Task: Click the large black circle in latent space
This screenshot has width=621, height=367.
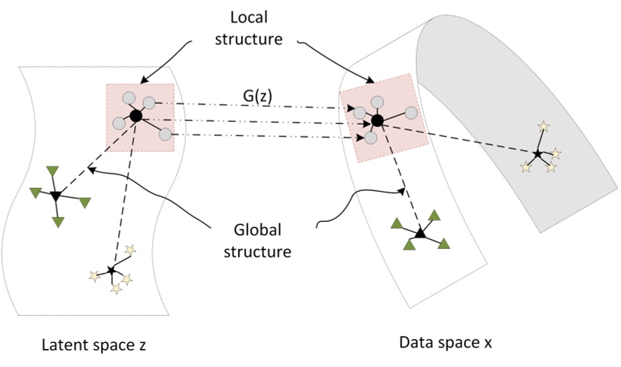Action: tap(135, 116)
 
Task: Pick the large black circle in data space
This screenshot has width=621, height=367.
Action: tap(378, 120)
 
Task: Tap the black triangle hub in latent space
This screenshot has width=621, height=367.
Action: tap(55, 196)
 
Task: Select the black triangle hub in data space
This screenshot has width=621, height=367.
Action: tap(420, 235)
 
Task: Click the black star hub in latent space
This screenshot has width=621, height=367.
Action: tap(111, 270)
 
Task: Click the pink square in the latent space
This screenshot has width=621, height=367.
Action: tap(141, 117)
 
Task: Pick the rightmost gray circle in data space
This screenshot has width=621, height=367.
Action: tap(411, 113)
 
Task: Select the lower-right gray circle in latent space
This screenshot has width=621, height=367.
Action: tap(166, 137)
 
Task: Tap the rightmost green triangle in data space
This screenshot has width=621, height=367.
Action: tap(444, 242)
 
